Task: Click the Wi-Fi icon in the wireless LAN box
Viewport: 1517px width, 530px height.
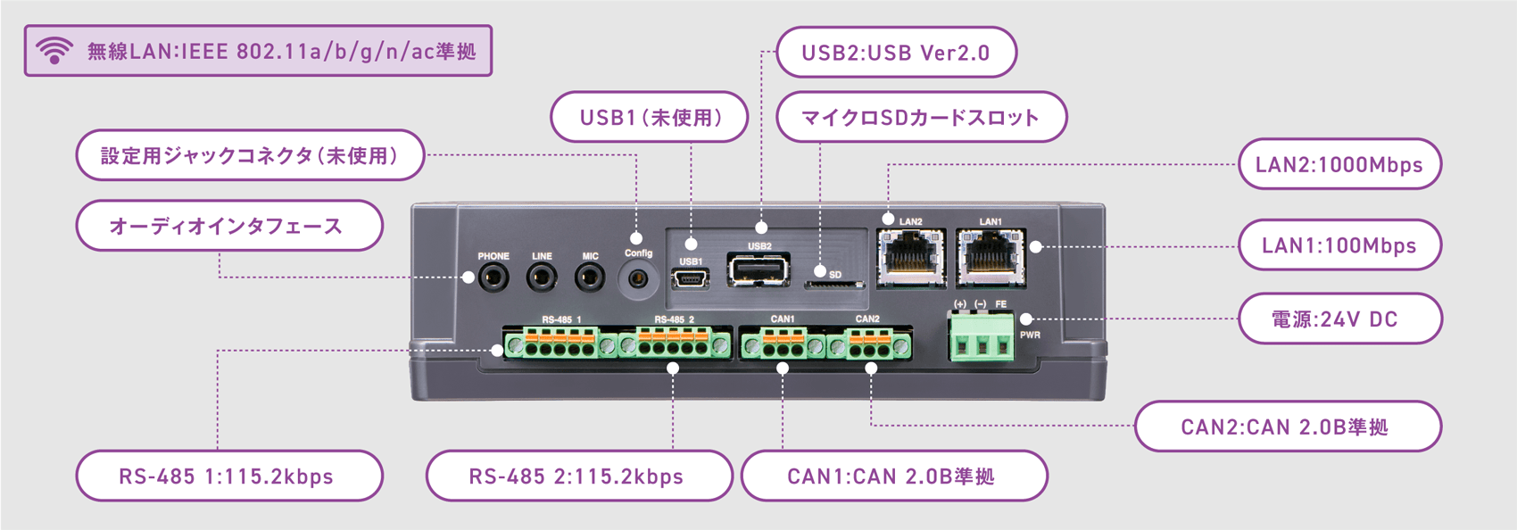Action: (x=54, y=51)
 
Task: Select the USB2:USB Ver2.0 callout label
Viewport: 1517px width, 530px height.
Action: (x=896, y=53)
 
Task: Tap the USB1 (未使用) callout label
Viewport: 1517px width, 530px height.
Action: (x=650, y=117)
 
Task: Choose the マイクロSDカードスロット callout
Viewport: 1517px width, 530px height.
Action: (x=921, y=117)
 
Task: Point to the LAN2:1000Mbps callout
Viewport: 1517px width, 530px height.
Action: (x=1339, y=164)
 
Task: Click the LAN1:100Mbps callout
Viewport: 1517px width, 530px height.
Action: (x=1339, y=245)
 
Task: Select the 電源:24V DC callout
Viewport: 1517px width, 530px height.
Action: (x=1339, y=319)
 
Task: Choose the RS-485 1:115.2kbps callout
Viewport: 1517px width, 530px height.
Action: (x=228, y=476)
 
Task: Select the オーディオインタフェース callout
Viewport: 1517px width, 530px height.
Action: (x=228, y=227)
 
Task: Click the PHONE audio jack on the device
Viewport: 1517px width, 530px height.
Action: (x=493, y=277)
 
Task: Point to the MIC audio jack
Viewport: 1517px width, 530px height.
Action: (x=589, y=277)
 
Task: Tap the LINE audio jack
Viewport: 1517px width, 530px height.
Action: (x=541, y=277)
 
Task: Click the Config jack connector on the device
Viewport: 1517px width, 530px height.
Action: (x=637, y=278)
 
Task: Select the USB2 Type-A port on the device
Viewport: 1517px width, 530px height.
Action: (x=758, y=269)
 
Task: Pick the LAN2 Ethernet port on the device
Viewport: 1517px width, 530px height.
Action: (x=910, y=257)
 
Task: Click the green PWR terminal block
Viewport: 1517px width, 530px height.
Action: (x=982, y=339)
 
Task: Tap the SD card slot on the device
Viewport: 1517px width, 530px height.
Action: (x=834, y=286)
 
